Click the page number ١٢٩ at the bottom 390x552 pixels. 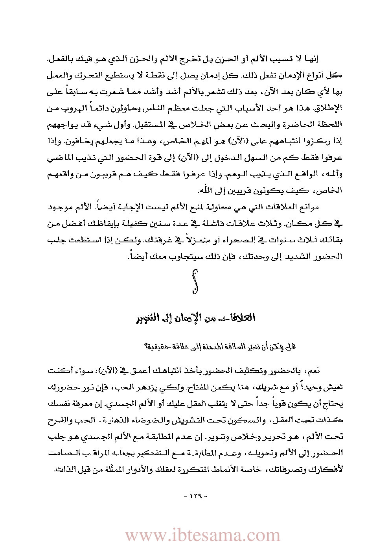(195, 497)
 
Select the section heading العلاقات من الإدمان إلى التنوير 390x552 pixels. (195, 317)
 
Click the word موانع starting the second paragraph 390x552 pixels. (309, 207)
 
